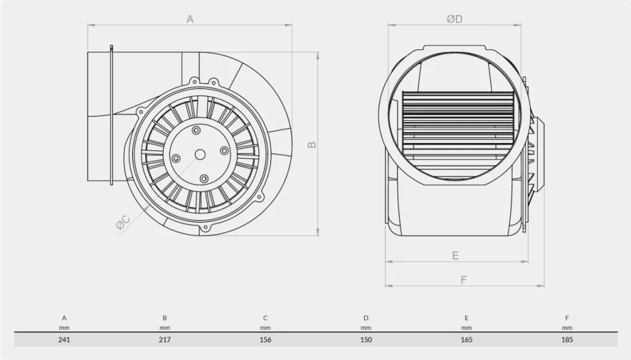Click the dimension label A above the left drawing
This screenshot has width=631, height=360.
coord(190,19)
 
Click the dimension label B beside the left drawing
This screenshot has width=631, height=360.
coord(312,145)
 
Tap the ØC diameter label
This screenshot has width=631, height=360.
coord(123,223)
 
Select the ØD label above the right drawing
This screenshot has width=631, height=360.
coord(454,19)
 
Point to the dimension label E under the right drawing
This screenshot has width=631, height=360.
coord(455,255)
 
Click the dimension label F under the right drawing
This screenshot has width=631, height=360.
coord(463,279)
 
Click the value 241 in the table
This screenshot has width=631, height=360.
coord(64,340)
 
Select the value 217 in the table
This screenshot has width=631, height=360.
coord(165,340)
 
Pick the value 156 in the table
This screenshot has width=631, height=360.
coord(265,340)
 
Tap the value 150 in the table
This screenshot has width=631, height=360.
coord(366,340)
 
